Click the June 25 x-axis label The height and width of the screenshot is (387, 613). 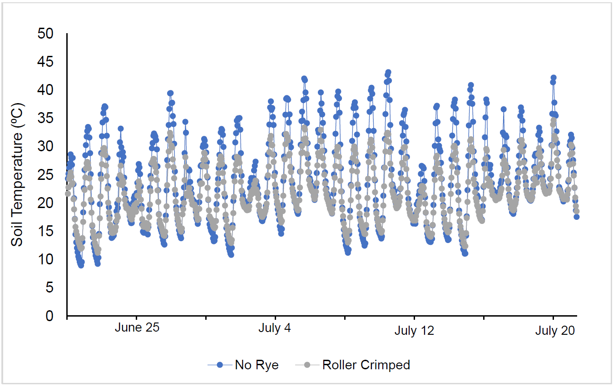tap(137, 329)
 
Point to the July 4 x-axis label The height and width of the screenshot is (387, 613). tap(275, 329)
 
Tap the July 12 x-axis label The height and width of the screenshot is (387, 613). tap(414, 331)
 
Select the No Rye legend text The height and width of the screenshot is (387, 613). tap(257, 365)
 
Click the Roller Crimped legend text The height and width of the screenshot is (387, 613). tap(366, 365)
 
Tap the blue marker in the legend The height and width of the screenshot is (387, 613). tap(220, 365)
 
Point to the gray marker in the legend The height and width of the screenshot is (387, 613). tap(307, 365)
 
